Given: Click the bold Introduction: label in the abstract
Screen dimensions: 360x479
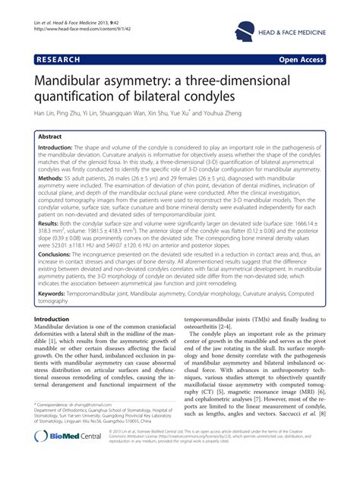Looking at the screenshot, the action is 60,150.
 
